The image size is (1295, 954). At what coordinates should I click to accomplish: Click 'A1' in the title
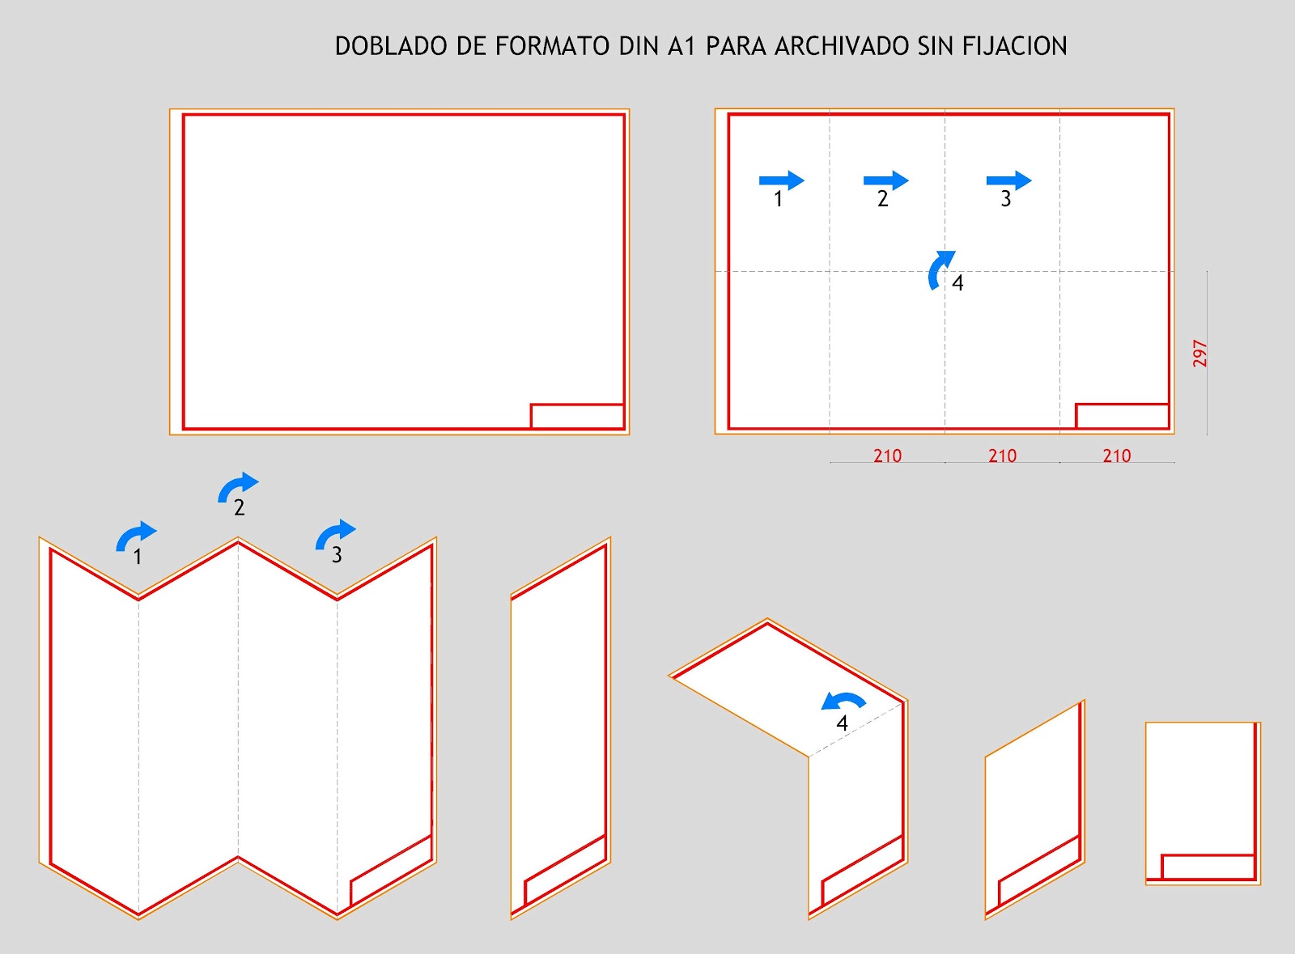click(681, 46)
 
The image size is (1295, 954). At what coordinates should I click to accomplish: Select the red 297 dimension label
click(1199, 354)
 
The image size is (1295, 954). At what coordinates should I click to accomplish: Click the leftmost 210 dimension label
click(887, 456)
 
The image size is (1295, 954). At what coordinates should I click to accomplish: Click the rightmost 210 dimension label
click(1116, 456)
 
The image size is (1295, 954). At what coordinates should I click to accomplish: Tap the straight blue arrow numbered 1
click(781, 180)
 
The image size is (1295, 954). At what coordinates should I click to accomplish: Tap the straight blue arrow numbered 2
click(885, 180)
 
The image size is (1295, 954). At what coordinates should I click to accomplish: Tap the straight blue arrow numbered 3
click(1008, 180)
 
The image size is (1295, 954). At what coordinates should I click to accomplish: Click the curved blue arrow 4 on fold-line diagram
click(940, 269)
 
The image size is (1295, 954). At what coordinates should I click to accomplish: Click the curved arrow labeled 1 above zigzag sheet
click(135, 536)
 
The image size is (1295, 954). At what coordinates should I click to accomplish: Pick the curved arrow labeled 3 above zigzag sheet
click(334, 533)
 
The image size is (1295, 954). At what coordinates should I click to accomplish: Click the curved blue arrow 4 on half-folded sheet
click(843, 700)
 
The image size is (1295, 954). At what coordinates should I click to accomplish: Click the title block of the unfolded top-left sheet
click(577, 416)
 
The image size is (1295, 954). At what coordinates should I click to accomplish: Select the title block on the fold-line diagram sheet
click(1122, 416)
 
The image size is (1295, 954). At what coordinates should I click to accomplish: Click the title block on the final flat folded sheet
click(1208, 867)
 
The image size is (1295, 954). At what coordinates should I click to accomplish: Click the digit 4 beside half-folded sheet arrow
click(842, 723)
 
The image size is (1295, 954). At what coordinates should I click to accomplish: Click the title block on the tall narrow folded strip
click(565, 870)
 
